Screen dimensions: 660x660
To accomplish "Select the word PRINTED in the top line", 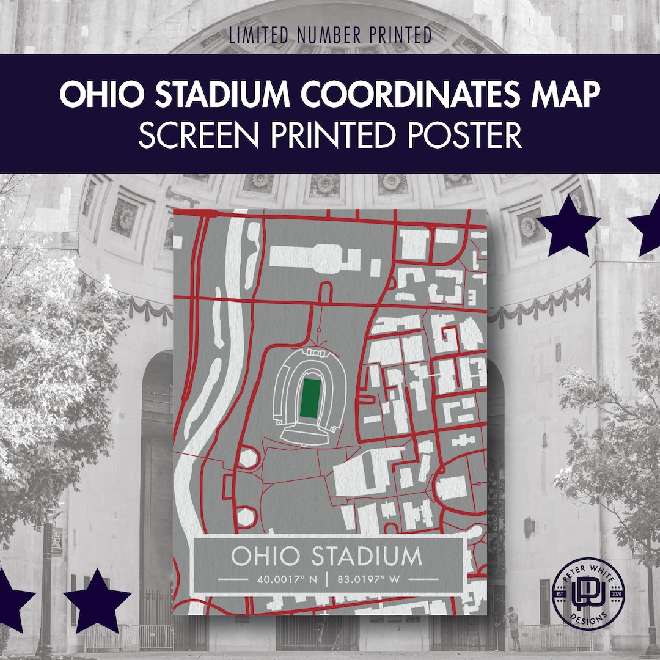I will click(x=400, y=35).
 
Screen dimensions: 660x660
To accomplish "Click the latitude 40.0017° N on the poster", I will click(x=285, y=578).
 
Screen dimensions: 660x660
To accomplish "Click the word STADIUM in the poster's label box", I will click(x=367, y=556).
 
